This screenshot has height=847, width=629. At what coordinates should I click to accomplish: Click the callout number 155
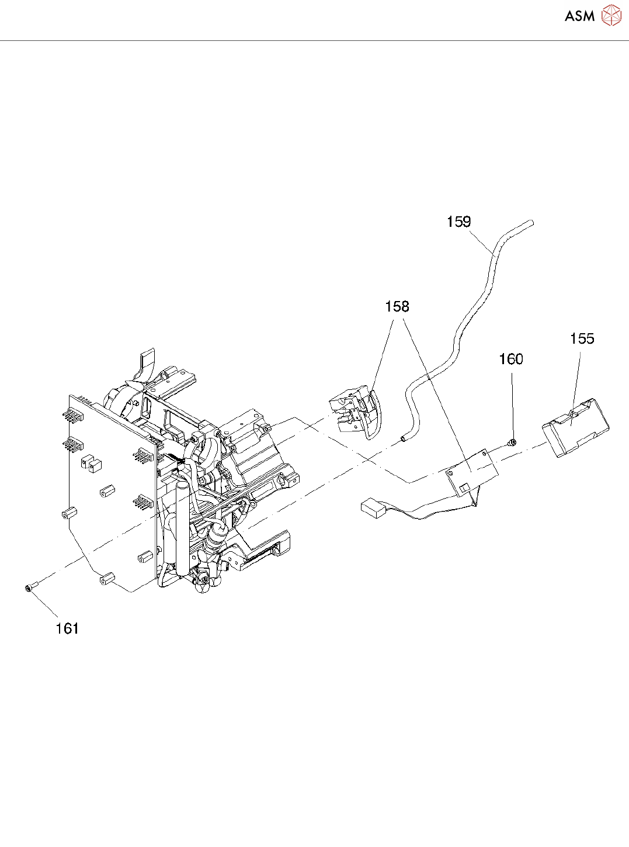582,339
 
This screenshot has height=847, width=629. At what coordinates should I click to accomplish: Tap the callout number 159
458,222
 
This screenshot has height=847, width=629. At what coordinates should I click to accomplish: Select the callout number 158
397,307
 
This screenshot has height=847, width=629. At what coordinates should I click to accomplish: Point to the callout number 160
511,359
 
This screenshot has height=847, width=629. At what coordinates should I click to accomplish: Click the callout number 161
67,628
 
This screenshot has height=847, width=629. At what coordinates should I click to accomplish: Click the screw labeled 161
31,586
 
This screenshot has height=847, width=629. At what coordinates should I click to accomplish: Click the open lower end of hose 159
402,438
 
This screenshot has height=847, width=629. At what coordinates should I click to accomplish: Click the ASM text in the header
579,16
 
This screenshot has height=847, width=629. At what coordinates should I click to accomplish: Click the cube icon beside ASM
611,16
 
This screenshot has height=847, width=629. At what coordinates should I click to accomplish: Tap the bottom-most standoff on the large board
107,579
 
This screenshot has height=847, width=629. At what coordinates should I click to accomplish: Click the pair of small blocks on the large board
91,463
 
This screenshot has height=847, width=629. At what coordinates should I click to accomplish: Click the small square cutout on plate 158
465,487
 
